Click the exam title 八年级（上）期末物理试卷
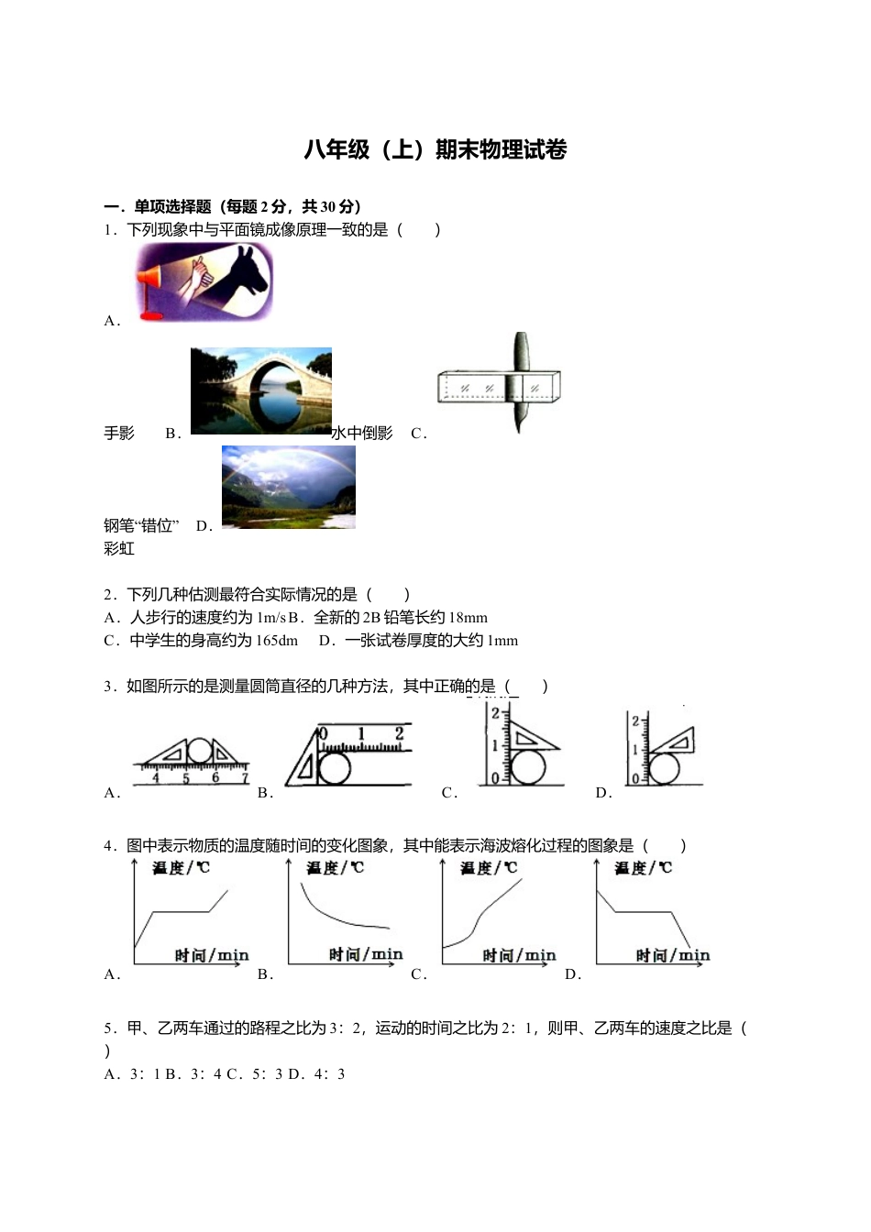(435, 149)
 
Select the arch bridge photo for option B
(261, 390)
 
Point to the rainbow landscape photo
(288, 487)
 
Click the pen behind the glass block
(520, 382)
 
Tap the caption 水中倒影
(362, 434)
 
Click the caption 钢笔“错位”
(141, 525)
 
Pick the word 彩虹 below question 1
(119, 548)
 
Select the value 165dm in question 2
(277, 641)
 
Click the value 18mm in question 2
(469, 618)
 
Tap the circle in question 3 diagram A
(200, 752)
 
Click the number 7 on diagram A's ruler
(245, 778)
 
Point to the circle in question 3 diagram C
(527, 767)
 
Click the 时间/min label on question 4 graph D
(673, 955)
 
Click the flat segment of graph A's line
(181, 911)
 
